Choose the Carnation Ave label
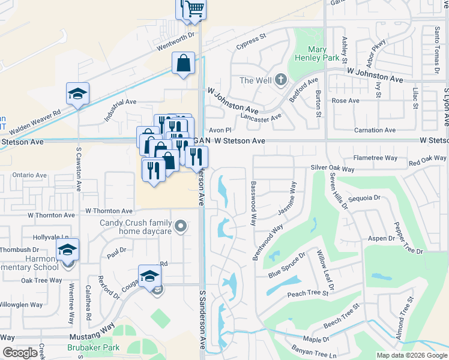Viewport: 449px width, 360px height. tap(376, 130)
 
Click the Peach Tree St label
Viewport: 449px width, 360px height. tap(308, 293)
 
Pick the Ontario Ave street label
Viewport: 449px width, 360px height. tap(29, 175)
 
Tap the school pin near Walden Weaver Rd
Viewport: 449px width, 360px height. tap(77, 94)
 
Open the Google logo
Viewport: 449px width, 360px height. tap(20, 353)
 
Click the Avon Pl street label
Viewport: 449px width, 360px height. tap(220, 130)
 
